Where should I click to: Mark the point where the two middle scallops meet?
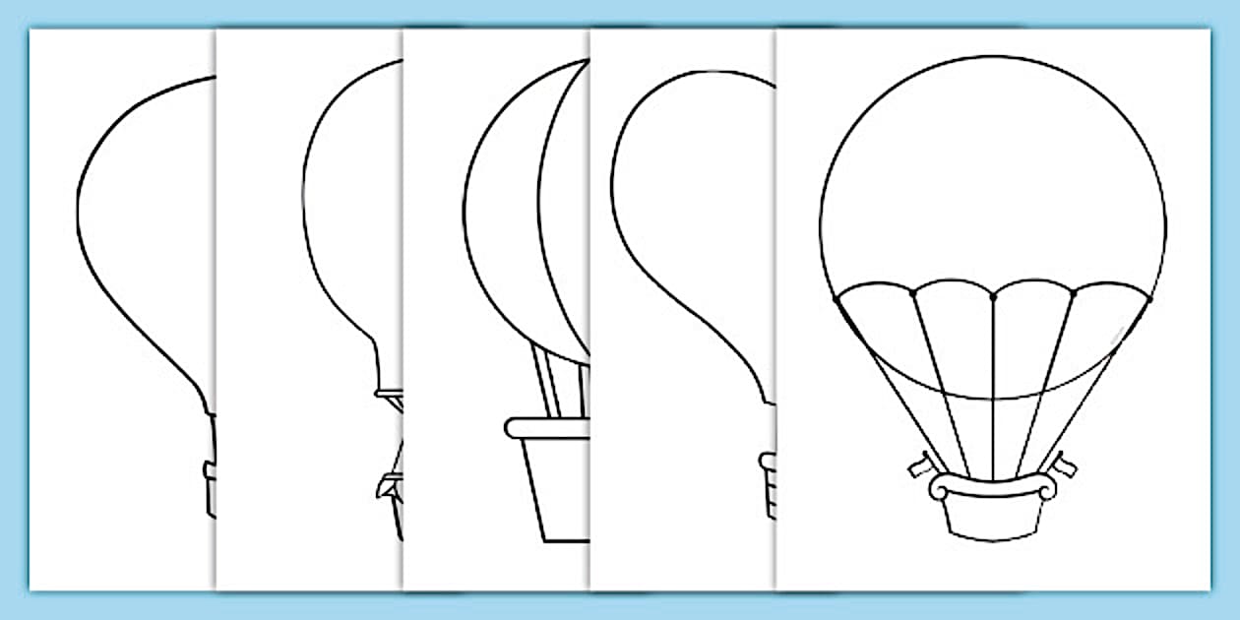coord(993,293)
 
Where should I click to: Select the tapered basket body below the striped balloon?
coord(557,487)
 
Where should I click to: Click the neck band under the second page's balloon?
coord(390,394)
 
